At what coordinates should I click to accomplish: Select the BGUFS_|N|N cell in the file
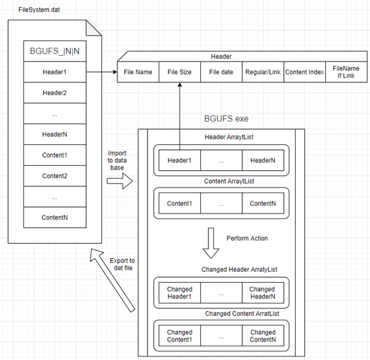point(54,52)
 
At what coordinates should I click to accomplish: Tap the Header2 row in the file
point(54,93)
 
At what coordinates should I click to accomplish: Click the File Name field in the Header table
point(138,72)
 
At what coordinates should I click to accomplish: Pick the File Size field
point(179,72)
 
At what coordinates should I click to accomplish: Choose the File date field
point(221,72)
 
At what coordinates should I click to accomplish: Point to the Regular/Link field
point(262,72)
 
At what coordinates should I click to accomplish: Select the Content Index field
point(304,72)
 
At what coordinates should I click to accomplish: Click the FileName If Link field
point(345,72)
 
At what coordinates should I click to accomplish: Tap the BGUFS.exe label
point(226,118)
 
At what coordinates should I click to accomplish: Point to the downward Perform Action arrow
point(211,244)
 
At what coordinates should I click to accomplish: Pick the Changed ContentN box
point(262,337)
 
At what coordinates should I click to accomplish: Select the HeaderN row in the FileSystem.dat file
point(54,135)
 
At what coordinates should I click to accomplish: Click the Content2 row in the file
point(54,176)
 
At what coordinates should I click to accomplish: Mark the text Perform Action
point(247,238)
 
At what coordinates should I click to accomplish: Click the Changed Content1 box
point(179,337)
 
